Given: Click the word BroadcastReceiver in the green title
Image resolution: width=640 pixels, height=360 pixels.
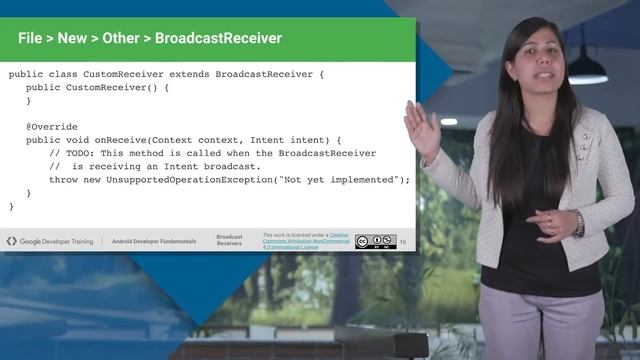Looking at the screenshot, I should [x=218, y=39].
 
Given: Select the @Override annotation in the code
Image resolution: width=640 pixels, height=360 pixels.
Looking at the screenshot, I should [x=52, y=127].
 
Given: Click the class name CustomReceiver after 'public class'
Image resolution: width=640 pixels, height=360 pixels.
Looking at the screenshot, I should [x=125, y=75].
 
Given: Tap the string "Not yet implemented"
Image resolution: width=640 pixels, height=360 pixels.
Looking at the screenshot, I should [x=345, y=179].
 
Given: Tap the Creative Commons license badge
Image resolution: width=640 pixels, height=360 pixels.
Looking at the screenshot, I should [x=375, y=241].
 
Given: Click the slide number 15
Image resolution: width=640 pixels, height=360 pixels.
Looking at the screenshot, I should [x=403, y=242].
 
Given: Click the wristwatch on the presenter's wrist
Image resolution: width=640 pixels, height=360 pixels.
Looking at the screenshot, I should [x=578, y=224].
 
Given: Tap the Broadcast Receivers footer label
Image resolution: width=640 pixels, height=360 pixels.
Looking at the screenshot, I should [x=230, y=241].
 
